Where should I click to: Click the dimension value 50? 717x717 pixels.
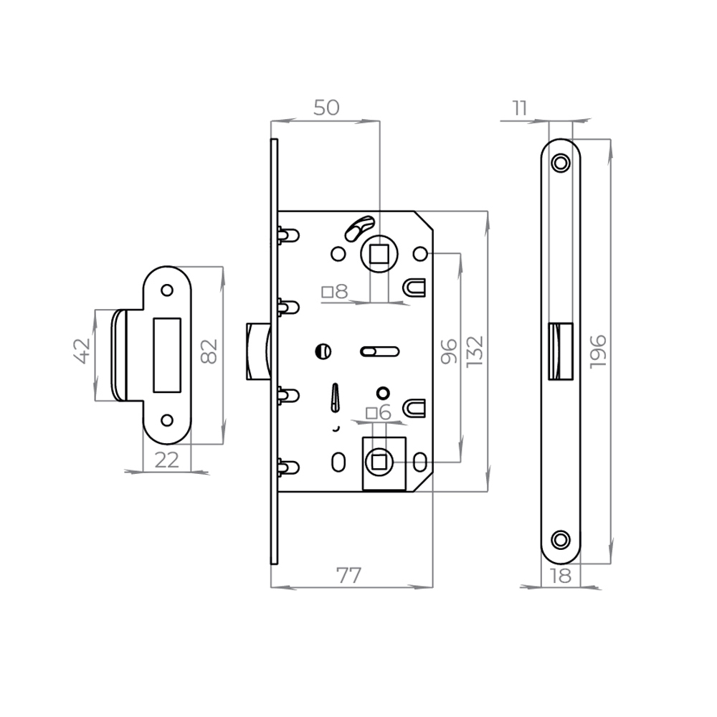point(326,108)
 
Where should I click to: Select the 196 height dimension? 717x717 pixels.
point(599,351)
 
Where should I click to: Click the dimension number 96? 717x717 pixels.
point(449,351)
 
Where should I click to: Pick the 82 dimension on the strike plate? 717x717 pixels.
point(209,351)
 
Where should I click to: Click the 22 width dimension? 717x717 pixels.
point(166,460)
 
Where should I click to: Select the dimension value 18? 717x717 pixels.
point(563,575)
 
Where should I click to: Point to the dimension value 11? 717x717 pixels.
point(520,108)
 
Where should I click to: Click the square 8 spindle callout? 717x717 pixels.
point(335,292)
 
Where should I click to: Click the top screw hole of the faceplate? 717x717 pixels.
point(561,163)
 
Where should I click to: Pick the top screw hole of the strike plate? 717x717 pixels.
point(167,290)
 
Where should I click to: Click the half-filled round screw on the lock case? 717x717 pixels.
point(323,351)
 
